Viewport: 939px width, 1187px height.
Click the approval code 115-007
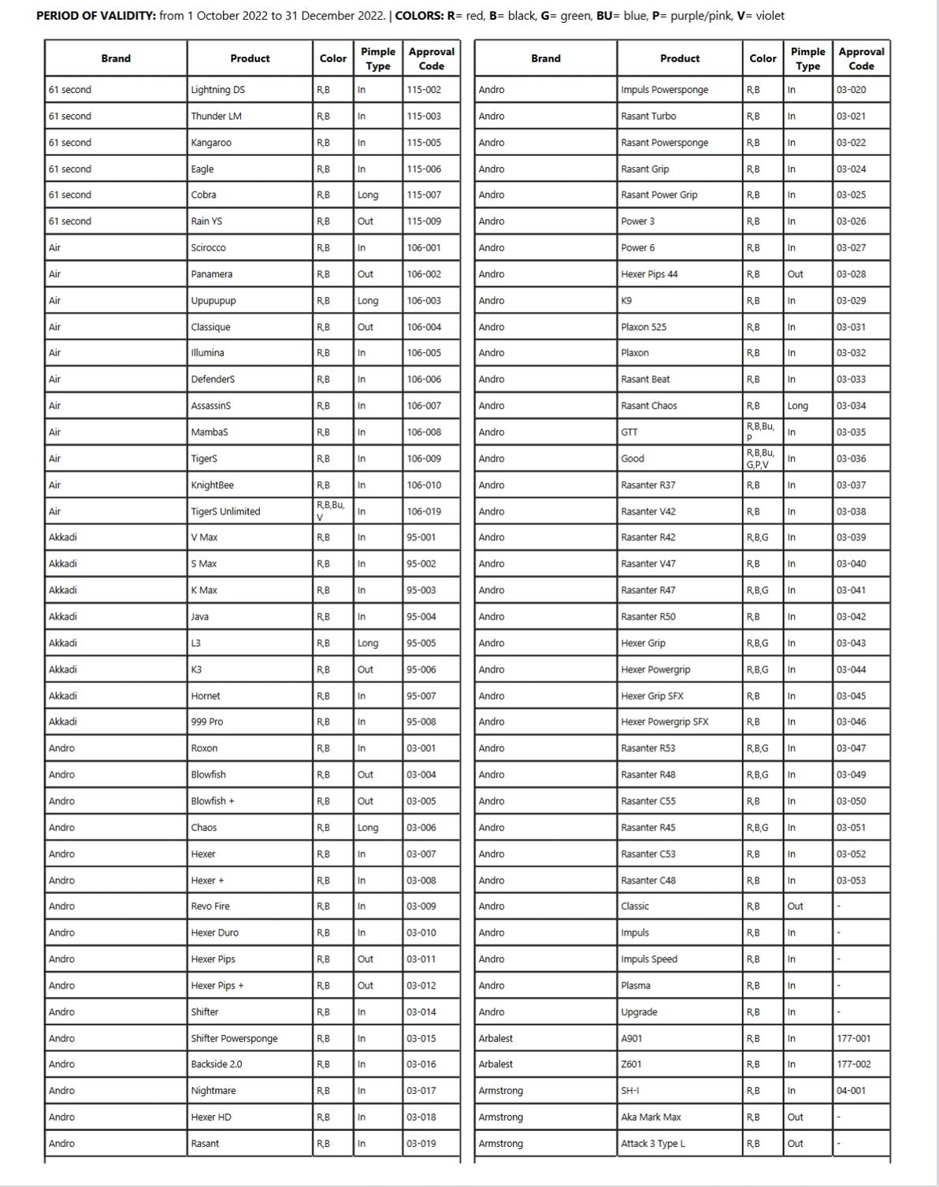424,195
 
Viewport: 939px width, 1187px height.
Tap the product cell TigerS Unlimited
225,511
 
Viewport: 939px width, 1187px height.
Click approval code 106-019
424,511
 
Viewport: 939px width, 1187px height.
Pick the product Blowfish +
213,801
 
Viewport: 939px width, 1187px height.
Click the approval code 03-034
851,406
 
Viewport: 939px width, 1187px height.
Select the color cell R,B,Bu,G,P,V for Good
760,458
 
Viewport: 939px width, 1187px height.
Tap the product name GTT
629,432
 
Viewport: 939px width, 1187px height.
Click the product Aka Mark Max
651,1117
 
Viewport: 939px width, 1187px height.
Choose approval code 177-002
854,1064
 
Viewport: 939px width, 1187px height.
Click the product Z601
632,1064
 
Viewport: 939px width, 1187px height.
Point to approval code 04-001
851,1091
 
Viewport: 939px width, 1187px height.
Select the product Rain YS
206,221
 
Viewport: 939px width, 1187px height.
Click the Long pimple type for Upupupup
368,301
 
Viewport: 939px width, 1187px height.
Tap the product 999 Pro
207,721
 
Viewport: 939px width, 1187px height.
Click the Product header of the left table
250,58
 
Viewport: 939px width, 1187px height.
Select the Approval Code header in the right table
861,58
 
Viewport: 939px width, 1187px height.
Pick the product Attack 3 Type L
653,1144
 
